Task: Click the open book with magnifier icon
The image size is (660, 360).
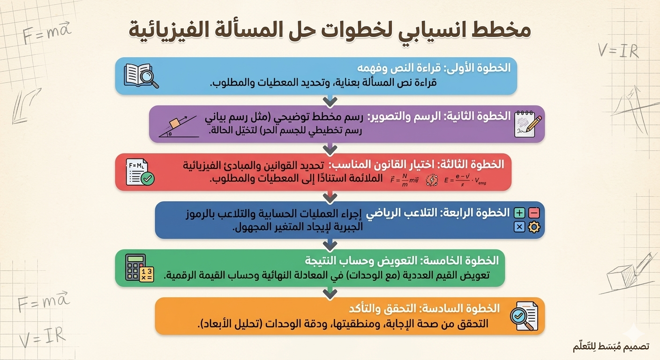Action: [141, 75]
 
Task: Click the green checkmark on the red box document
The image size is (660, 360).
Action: [148, 179]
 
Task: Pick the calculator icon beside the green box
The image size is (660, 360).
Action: [139, 268]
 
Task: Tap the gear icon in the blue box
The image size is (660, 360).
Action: [534, 227]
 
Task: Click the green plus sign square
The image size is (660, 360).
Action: [519, 213]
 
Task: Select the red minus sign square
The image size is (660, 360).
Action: [534, 213]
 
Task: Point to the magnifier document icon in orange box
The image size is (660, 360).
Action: [524, 316]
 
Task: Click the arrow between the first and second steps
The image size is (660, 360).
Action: [330, 100]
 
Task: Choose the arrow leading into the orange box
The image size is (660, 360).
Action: [330, 293]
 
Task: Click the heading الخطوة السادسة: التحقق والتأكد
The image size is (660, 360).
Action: [424, 308]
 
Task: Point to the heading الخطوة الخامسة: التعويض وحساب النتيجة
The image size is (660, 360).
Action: [402, 260]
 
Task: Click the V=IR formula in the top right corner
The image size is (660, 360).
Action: [618, 50]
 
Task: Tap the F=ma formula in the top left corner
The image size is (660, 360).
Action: [46, 34]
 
